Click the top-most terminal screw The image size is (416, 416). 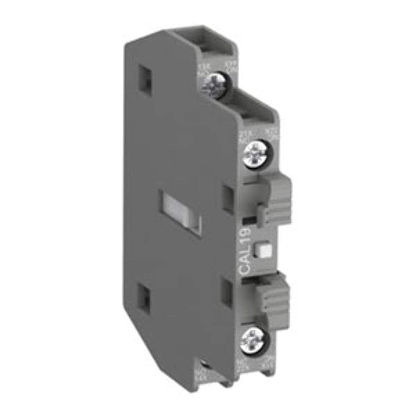(214, 85)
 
